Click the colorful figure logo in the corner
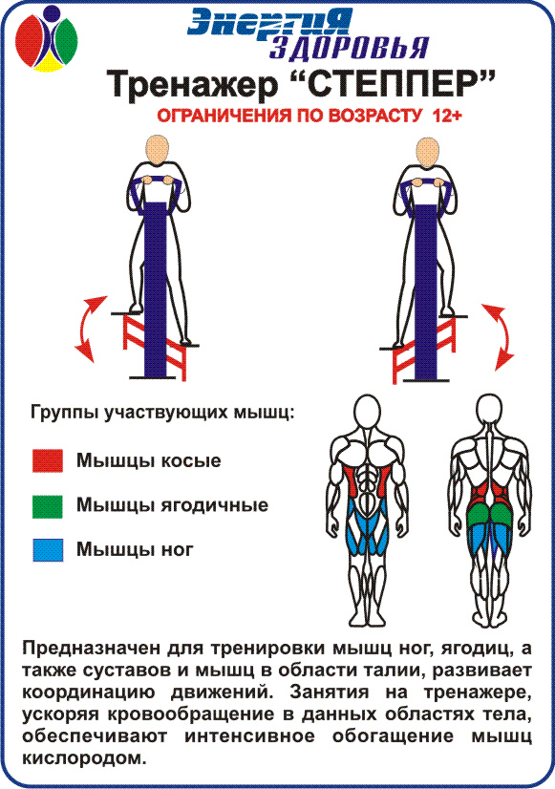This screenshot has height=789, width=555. [46, 38]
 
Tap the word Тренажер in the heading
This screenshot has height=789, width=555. [192, 84]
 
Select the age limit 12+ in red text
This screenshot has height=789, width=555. [447, 116]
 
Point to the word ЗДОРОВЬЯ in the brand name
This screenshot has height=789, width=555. [349, 48]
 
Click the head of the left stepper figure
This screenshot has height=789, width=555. [157, 149]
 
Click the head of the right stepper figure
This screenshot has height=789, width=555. [428, 152]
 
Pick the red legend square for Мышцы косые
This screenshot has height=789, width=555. [48, 460]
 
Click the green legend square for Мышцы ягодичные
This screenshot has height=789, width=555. [48, 506]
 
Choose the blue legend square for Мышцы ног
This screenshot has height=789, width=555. [48, 550]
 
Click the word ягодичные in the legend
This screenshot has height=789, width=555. [215, 505]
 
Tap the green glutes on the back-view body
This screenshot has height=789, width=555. [489, 514]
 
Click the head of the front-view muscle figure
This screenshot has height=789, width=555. [367, 412]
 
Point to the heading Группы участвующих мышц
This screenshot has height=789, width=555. [162, 413]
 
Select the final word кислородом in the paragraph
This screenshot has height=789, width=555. [84, 758]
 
